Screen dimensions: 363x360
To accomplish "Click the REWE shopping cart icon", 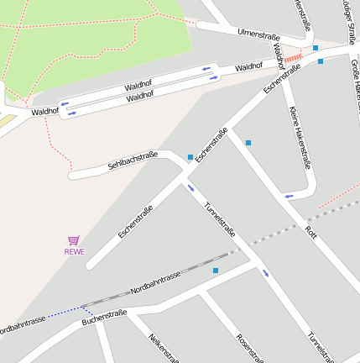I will pos(74,240).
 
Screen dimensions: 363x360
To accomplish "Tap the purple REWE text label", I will pos(74,251).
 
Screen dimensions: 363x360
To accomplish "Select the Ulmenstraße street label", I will pos(258,34).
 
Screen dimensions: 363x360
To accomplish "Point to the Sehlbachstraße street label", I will pos(133,160).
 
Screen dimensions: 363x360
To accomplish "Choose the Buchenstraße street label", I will pos(104,318).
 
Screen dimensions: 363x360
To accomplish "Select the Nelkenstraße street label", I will pos(164,347).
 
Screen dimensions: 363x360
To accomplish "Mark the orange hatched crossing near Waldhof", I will pos(292,59).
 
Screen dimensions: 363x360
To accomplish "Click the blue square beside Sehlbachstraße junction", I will pos(190,157).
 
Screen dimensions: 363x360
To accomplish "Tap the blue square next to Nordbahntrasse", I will pos(216,271).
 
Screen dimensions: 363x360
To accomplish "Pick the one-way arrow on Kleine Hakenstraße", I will pos(289,196).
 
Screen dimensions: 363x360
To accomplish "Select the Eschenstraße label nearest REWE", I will pos(135,222).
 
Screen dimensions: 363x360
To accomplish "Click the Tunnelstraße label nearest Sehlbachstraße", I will pos(220,219).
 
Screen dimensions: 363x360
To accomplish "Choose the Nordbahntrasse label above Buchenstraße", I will pos(155,284).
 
